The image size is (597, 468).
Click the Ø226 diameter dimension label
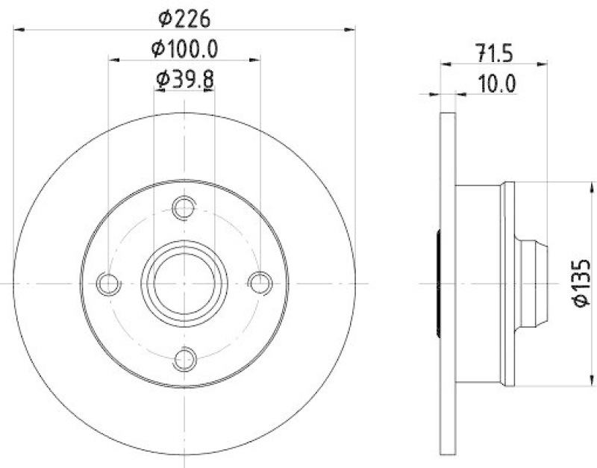point(184,16)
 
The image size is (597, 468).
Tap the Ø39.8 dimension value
point(184,78)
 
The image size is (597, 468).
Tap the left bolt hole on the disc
point(109,284)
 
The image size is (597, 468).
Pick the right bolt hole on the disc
point(260,284)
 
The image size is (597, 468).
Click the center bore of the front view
point(184,284)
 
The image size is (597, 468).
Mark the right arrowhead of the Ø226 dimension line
point(351,29)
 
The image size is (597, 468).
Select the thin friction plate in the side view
point(447,284)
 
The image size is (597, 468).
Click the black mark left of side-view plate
point(438,284)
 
